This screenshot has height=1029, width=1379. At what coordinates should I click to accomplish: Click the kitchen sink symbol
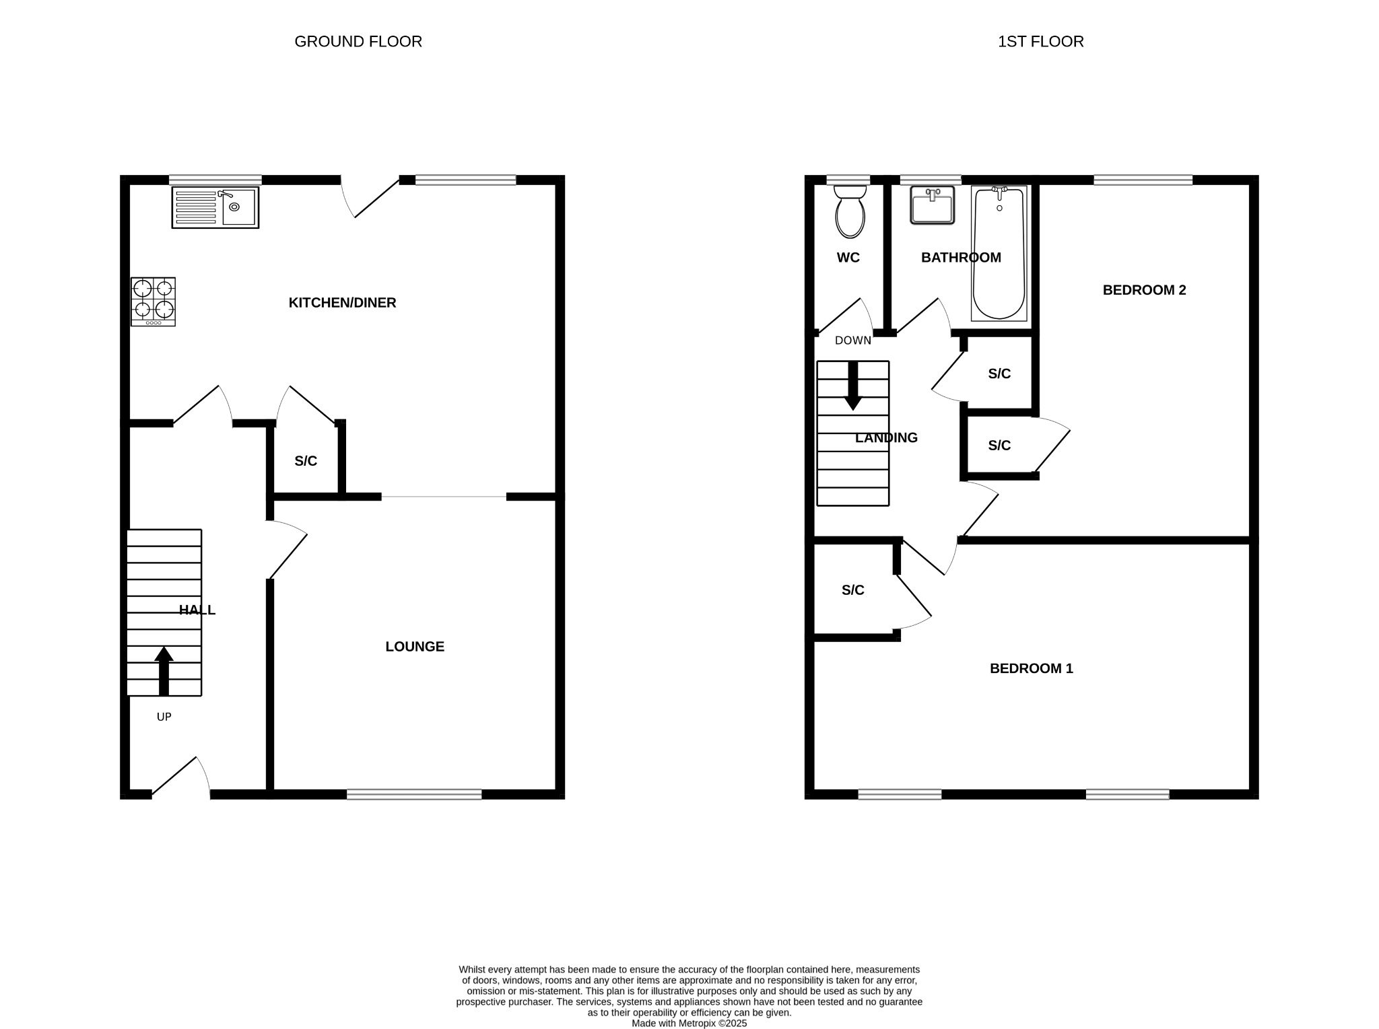(215, 207)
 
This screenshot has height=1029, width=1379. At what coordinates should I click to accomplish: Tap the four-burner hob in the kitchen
(154, 301)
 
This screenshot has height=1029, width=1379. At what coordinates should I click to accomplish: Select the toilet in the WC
(850, 212)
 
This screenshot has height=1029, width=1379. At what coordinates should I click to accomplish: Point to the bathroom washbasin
(933, 205)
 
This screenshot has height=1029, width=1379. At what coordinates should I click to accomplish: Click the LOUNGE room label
(415, 647)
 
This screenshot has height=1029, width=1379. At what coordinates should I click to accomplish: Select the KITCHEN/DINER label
(342, 303)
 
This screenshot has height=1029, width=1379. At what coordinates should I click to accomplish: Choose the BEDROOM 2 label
(1144, 290)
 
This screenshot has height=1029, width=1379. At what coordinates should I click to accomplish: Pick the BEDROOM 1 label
(1031, 668)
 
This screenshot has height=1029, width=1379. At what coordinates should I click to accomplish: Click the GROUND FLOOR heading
(358, 42)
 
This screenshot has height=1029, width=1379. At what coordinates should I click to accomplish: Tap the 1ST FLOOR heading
(1040, 42)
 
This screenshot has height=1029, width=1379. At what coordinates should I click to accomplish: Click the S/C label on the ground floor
(306, 461)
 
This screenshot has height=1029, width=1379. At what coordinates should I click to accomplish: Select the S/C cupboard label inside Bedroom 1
(852, 590)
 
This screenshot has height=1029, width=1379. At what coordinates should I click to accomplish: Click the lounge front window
(414, 794)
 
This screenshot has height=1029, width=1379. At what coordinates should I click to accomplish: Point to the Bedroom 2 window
(1143, 180)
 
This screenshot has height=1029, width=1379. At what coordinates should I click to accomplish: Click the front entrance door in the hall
(180, 781)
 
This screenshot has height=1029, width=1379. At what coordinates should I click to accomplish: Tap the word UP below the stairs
(164, 717)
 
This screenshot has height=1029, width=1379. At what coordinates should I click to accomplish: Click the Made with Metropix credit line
(689, 1023)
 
